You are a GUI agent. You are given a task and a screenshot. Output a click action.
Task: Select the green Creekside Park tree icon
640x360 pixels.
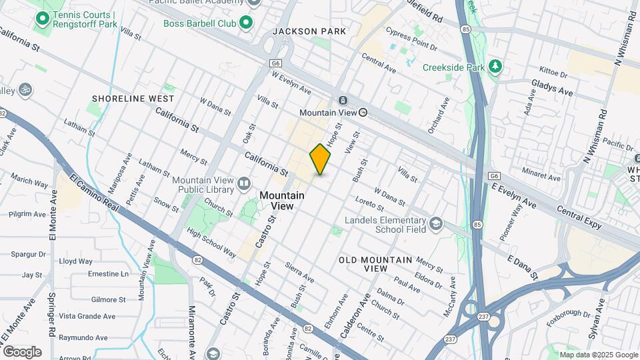495,67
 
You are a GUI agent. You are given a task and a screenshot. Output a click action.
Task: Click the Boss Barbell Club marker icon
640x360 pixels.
246,23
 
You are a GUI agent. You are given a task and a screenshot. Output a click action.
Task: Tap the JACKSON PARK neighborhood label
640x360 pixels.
309,31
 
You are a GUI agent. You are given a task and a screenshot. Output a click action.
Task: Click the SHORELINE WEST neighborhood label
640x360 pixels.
133,99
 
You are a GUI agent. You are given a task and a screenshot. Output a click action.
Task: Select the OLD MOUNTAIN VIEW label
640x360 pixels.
363,263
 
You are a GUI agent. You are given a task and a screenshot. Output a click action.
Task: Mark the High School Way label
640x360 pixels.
211,243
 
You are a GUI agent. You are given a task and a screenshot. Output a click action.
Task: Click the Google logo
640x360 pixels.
22,351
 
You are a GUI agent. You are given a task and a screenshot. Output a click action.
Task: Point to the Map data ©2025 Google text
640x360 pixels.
598,355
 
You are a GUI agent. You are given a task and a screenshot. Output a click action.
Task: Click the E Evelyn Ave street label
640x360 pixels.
514,195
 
